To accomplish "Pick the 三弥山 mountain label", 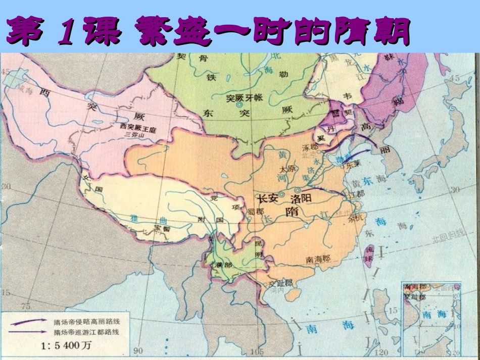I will tap(134, 137).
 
